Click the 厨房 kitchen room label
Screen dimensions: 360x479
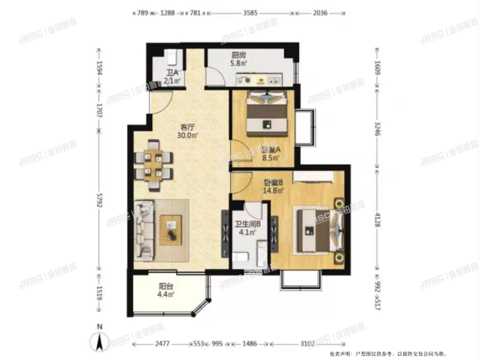tap(238, 56)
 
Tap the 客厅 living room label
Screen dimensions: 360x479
tap(188, 128)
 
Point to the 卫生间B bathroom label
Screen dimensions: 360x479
tap(247, 225)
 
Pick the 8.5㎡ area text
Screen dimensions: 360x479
tap(270, 156)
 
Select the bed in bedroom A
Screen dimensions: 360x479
tap(267, 110)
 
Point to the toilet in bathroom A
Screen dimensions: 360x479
tap(172, 58)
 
